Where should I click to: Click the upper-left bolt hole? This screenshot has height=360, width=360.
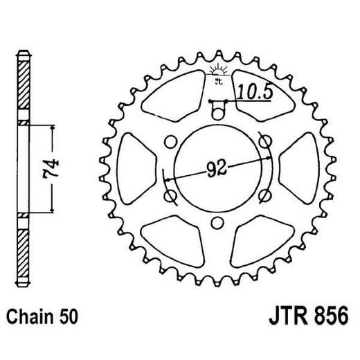click(x=168, y=142)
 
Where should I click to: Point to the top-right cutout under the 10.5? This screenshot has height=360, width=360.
click(x=258, y=107)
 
